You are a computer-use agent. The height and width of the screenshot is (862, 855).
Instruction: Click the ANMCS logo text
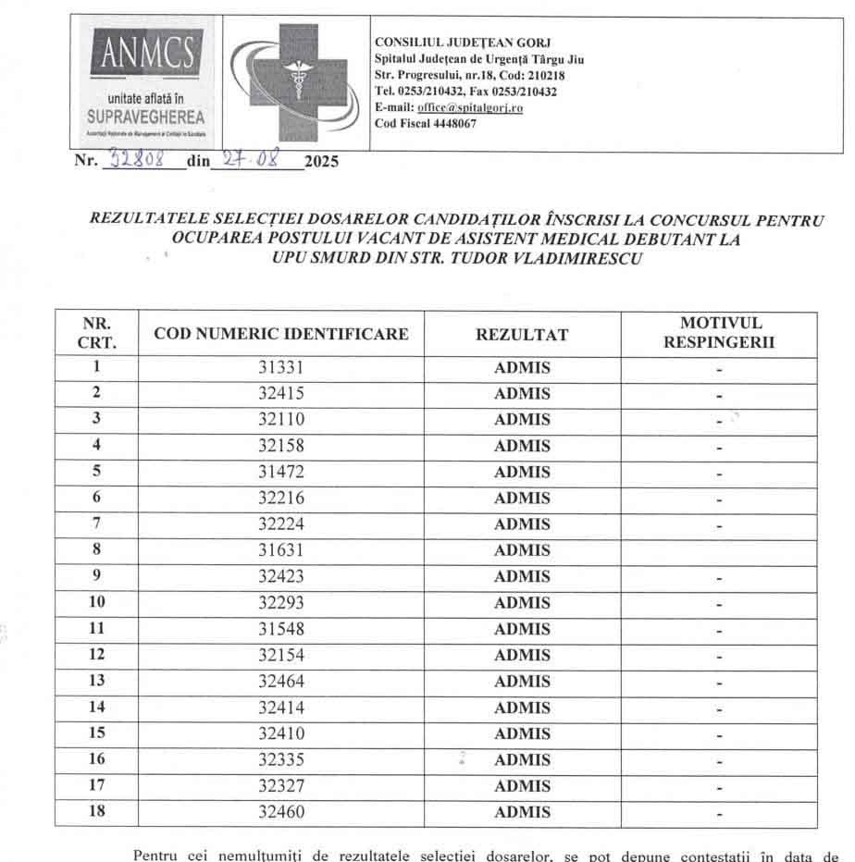148,54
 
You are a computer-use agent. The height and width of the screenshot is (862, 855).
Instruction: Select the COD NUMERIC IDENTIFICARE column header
281,334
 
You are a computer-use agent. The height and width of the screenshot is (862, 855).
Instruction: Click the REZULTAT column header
522,334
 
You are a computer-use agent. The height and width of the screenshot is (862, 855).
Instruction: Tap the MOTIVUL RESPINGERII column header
720,333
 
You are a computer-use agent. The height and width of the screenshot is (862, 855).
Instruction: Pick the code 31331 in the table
281,367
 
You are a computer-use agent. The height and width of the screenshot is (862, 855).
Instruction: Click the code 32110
281,419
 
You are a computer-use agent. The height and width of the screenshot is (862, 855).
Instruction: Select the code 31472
281,472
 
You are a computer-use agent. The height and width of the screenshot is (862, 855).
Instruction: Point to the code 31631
281,550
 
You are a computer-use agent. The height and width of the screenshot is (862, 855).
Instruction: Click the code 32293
281,603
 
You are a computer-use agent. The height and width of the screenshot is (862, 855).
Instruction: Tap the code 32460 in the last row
281,813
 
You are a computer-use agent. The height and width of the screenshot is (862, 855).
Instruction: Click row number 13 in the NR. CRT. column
96,681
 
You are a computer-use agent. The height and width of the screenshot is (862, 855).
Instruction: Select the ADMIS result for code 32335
522,760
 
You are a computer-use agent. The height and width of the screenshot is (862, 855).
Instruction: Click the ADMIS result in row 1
522,367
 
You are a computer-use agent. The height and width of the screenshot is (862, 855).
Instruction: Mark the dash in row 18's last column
719,815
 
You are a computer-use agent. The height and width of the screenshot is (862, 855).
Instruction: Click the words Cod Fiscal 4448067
426,124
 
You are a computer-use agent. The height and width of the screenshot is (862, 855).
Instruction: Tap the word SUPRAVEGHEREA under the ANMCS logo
148,117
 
